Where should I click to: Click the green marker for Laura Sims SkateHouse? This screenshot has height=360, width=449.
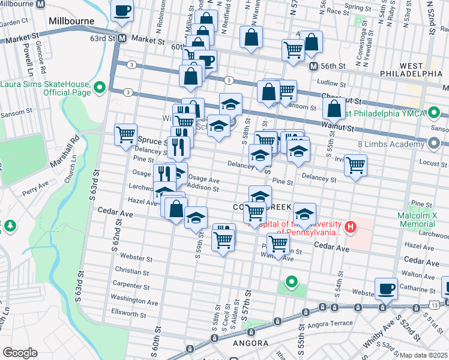point(100,88)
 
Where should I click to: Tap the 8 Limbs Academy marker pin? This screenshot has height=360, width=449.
point(435,143)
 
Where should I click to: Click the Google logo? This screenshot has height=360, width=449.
point(20,352)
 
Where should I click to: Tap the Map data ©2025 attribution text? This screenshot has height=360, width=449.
point(423,355)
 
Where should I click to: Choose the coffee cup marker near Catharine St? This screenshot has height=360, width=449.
point(386,288)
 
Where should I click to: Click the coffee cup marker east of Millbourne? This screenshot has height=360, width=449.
point(122,10)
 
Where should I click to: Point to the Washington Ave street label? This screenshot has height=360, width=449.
point(134,298)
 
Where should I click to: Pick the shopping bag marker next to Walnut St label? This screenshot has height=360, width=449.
point(334,107)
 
